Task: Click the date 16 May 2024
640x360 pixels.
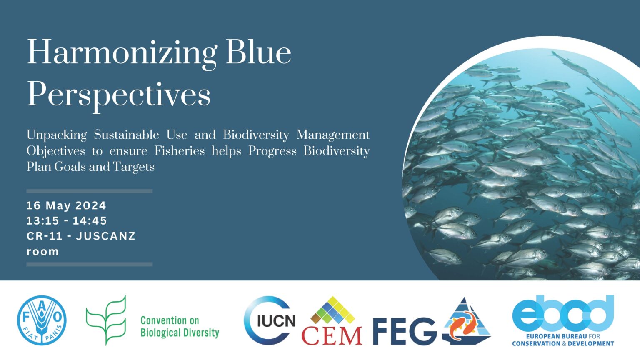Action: [x=66, y=205]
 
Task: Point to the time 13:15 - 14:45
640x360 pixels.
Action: [x=67, y=220]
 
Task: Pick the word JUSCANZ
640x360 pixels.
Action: [x=105, y=236]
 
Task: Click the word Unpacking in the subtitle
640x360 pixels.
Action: [x=57, y=135]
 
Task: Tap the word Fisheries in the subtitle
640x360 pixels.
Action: [x=180, y=150]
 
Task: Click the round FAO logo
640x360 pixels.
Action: [x=42, y=320]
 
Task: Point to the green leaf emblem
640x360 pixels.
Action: [x=106, y=320]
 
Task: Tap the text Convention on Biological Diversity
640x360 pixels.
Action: [x=180, y=327]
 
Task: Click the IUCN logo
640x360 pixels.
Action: [x=270, y=320]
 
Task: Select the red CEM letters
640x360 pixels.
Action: [x=332, y=336]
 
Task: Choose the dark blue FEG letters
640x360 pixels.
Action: [x=405, y=331]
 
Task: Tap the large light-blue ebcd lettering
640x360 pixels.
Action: [x=563, y=313]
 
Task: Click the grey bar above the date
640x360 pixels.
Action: [x=90, y=191]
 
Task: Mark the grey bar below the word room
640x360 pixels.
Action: [x=90, y=264]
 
